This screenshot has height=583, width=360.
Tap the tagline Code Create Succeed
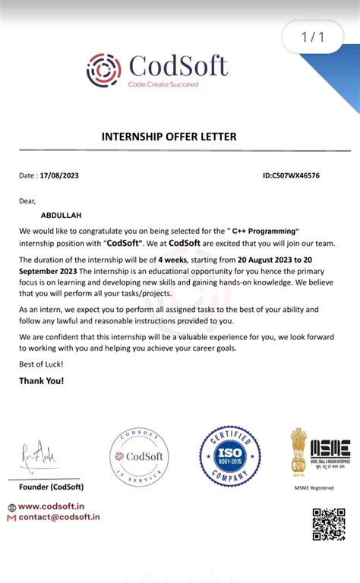point(163,84)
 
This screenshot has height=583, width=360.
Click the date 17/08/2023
point(60,175)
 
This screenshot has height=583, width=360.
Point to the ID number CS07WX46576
point(291,175)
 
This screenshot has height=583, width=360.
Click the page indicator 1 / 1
point(313,36)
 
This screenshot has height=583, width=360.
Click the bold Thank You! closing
point(42,380)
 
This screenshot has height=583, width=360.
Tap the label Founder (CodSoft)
point(51,487)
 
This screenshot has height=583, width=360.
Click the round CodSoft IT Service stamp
point(139,456)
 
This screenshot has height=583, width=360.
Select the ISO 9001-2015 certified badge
point(230,455)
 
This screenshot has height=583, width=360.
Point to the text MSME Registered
point(314,488)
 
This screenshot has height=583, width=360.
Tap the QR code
point(328,525)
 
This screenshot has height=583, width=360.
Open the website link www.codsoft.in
point(51,506)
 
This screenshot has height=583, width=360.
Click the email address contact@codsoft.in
point(58,517)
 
